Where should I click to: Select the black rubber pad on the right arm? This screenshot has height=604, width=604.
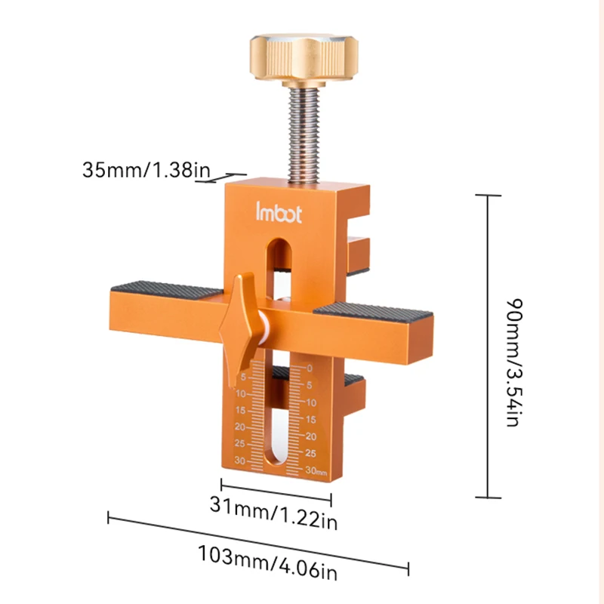coord(370,307)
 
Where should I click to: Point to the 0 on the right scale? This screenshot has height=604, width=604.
coord(309,368)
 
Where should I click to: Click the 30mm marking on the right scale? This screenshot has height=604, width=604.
coord(315,472)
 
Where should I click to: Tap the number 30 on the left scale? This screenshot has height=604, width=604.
coord(241,460)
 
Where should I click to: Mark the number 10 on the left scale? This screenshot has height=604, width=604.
coord(241,394)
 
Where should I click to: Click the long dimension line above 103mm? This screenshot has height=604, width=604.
coord(257,542)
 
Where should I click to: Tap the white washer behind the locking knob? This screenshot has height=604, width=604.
coord(263,328)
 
